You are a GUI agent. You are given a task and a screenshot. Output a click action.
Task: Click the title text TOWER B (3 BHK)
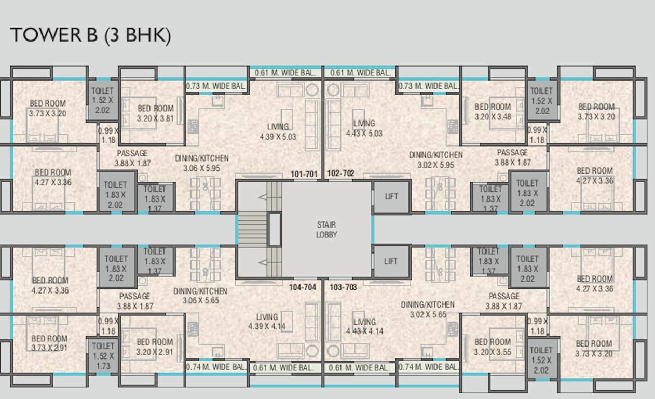tap(90, 35)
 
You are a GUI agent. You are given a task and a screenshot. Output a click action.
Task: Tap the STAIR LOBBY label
tap(326, 230)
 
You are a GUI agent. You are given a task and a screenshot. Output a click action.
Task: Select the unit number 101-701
tap(304, 174)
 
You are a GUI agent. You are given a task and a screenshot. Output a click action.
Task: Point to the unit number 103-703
tap(343, 287)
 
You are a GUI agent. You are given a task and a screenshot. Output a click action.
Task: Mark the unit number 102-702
tap(341, 174)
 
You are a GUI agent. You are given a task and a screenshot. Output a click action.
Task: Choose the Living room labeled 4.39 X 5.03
tap(278, 131)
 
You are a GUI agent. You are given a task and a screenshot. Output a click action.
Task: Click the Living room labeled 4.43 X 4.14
tap(364, 326)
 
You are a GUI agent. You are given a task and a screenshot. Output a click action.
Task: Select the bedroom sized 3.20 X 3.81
tap(155, 113)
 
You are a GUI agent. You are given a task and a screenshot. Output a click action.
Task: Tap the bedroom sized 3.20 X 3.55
tap(493, 347)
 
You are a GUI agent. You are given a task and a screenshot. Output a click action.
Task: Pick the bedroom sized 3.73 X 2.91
tap(49, 343)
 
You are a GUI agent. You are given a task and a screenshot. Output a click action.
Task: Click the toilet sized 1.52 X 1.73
tap(103, 356)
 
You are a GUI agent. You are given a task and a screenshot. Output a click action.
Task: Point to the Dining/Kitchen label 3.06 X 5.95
tap(206, 163)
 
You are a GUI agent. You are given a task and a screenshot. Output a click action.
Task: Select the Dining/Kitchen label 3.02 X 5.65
tap(427, 310)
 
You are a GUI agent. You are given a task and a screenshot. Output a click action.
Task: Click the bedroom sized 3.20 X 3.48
tap(493, 112)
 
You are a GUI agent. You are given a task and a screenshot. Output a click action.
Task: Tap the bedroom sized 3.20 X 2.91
tap(155, 347)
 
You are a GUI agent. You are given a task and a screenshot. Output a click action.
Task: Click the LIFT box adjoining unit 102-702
tap(391, 196)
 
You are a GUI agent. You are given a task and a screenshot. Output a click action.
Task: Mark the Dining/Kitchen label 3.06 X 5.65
tap(200, 296)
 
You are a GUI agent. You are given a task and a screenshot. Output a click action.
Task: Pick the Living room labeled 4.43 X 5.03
tap(364, 128)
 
